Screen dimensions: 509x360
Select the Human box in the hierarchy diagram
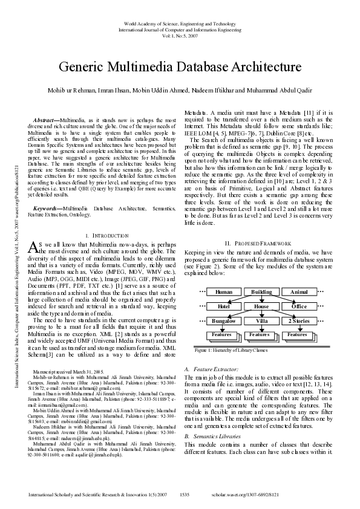(x=223, y=291)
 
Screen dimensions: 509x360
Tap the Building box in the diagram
(x=261, y=291)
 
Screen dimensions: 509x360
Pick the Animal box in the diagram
(x=299, y=291)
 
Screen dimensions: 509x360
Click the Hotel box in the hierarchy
(x=223, y=306)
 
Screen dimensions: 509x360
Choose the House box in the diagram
(x=261, y=306)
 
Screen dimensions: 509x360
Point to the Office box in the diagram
(x=299, y=306)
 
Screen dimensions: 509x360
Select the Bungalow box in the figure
(x=223, y=320)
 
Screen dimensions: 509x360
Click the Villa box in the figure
(x=261, y=320)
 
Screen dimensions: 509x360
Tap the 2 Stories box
(x=299, y=320)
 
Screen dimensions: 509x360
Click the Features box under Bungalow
(x=222, y=334)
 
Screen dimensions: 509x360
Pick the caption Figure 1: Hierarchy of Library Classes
(x=227, y=350)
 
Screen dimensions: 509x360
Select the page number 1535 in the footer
(x=185, y=494)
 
